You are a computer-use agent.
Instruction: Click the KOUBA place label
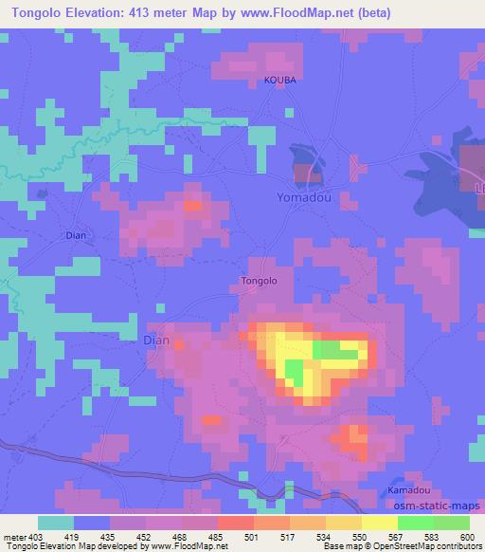(280, 81)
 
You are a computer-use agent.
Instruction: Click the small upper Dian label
(76, 233)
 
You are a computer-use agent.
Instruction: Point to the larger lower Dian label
(155, 339)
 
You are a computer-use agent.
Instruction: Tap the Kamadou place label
(409, 490)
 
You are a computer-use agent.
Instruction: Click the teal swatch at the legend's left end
(56, 523)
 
